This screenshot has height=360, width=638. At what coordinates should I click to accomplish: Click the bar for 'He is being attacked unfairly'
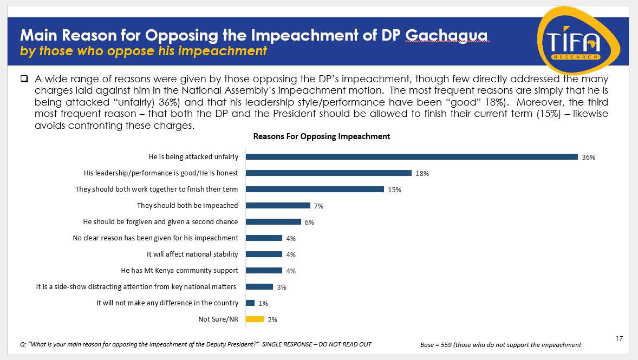pos(412,157)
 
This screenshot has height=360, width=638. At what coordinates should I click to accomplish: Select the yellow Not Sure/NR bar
pos(255,319)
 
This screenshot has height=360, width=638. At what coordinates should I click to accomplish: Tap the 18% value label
pos(422,174)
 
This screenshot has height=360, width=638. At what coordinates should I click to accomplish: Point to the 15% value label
pos(394,190)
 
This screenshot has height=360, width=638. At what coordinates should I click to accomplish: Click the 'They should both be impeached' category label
pos(187,206)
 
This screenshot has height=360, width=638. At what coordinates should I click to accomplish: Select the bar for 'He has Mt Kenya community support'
pos(264,270)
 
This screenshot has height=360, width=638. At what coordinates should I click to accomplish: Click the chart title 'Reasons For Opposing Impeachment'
pos(322,136)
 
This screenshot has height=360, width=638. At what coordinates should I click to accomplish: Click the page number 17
pos(620,339)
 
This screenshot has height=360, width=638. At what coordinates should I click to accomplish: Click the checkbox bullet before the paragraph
pos(24,79)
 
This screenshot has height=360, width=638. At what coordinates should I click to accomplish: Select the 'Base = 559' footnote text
pos(500,344)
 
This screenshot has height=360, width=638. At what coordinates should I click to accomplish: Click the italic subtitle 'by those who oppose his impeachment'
pos(144,51)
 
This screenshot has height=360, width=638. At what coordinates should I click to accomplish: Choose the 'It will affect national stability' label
pos(192,254)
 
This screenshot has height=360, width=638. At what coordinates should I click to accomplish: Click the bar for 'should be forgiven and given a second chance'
pos(274,222)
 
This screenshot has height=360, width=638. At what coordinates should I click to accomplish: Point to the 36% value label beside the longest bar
pos(589,158)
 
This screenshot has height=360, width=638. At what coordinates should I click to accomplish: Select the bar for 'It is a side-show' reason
pos(259,287)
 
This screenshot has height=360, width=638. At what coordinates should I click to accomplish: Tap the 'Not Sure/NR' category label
pos(218,319)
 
